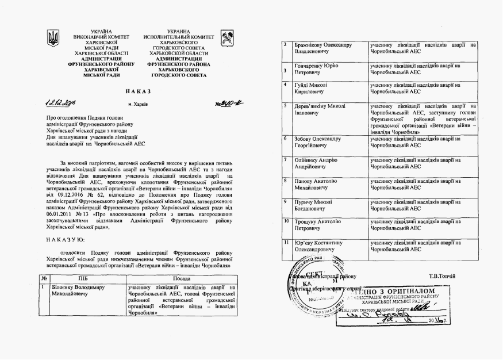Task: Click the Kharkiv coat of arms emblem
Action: tap(226, 39)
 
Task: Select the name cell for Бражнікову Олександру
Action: tap(322, 48)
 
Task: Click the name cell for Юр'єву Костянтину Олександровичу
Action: tap(322, 246)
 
